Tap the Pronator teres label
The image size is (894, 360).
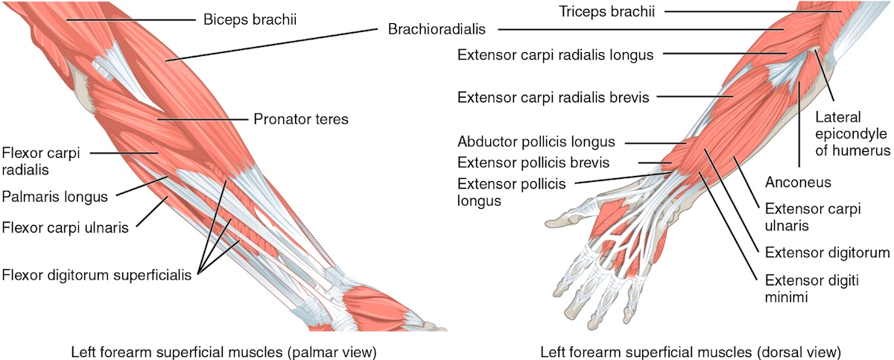(x=300, y=119)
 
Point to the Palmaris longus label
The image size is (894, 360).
(x=55, y=197)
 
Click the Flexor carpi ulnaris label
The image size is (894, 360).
(x=64, y=227)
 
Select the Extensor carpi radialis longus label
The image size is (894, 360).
(x=556, y=54)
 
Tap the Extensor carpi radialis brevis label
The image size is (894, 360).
(x=554, y=97)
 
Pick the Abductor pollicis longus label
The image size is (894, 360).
(x=536, y=141)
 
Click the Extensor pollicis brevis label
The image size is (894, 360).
(x=533, y=161)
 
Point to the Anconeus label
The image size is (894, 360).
(x=796, y=182)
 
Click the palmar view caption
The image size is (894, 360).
(x=223, y=350)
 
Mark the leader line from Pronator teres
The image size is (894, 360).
(x=202, y=119)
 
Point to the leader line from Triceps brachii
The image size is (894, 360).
(x=752, y=11)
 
